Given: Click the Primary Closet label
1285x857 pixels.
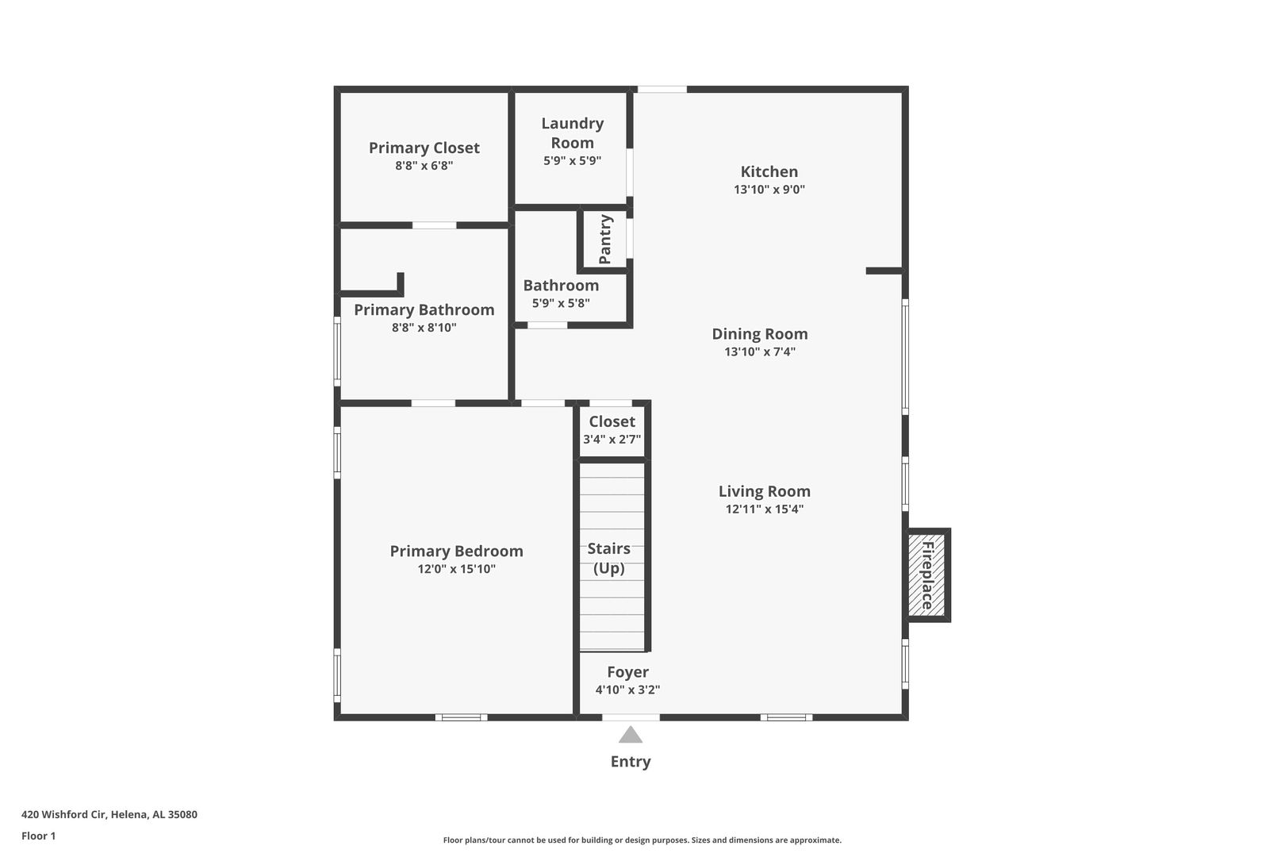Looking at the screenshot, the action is point(424,148).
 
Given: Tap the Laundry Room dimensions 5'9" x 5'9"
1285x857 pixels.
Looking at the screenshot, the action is point(572,161).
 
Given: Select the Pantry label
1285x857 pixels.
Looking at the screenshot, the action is point(604,239).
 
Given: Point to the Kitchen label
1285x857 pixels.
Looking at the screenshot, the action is point(769,171).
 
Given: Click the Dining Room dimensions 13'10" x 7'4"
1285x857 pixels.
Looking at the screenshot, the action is point(760,352).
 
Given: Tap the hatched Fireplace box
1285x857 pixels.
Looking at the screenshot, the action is point(926,575).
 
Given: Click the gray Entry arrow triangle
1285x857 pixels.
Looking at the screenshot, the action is point(631,735).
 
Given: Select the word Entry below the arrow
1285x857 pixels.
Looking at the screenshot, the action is point(631,762).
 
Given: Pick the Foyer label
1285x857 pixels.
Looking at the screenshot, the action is point(627,671).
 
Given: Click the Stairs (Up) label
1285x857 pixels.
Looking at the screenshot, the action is point(608,558).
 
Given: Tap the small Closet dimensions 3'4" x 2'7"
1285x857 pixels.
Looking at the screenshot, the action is point(612,439).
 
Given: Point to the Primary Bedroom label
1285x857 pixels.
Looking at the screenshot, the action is point(456,551).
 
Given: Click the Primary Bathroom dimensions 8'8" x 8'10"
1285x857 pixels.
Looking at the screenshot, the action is point(424,327).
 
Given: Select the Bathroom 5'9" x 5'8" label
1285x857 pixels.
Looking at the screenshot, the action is point(561,294).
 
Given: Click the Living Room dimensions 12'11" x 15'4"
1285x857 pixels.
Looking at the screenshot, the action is point(764,509).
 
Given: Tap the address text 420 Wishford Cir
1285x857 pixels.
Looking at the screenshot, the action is point(63,814).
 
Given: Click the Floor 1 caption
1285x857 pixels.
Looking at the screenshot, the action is point(38,836).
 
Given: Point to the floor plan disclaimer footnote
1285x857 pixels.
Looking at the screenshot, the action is point(642,840).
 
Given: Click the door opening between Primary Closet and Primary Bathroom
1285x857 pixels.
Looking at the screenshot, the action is point(434,225).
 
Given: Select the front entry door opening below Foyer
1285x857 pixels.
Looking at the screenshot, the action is point(631,717).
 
